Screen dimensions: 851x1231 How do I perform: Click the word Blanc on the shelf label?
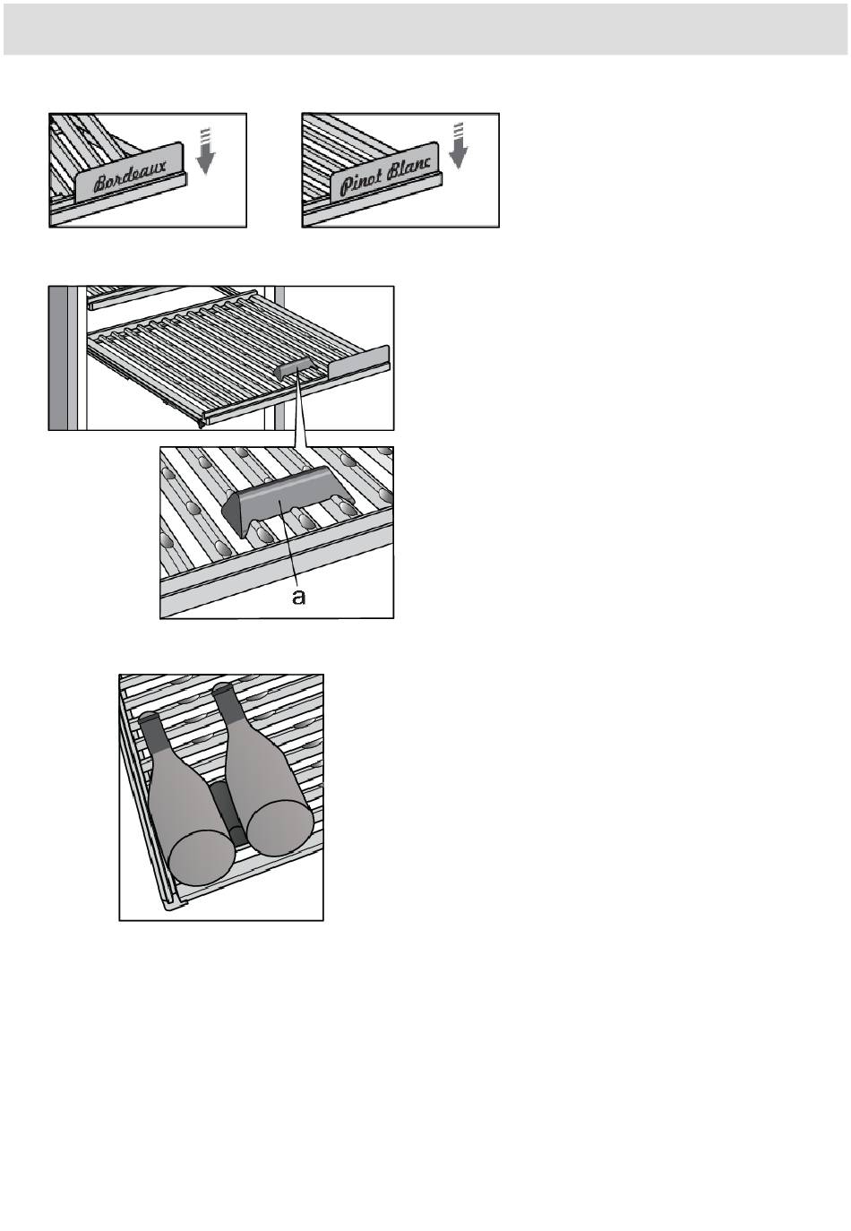408,168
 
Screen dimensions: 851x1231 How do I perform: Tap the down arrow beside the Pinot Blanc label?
458,145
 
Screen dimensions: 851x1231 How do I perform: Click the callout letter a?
299,597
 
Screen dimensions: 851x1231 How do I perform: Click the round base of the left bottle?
202,858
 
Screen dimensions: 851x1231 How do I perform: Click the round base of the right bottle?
279,828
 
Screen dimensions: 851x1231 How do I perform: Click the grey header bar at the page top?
425,30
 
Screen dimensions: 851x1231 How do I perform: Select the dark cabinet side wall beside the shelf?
58,357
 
